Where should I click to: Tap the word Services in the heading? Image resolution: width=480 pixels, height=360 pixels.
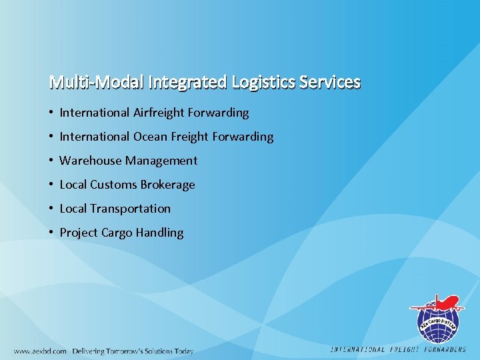330,83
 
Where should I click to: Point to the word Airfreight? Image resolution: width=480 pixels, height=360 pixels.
161,113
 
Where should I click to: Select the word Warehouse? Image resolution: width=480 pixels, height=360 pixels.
91,161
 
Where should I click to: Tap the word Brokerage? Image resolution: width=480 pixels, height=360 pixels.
166,185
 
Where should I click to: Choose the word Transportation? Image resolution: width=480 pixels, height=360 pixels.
130,209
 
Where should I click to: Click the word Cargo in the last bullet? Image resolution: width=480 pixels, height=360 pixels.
117,233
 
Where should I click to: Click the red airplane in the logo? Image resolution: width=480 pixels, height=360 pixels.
443,304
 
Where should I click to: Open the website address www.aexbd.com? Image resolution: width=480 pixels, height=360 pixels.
41,351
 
